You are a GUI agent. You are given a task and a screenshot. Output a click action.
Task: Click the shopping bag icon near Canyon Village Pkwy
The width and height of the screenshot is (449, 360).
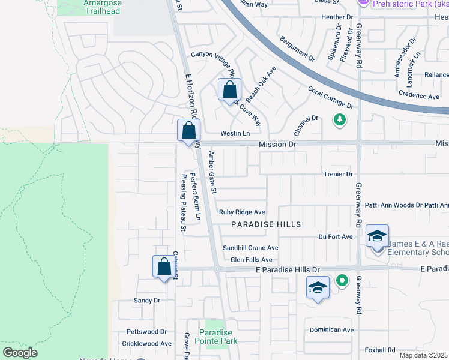coord(229,91)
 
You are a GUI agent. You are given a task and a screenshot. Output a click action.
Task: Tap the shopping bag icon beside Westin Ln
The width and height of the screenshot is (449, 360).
coord(188,130)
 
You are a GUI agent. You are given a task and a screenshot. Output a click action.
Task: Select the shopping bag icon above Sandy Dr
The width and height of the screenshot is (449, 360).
coord(164,266)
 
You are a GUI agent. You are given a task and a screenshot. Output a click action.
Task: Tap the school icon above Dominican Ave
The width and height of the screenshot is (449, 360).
coord(318,287)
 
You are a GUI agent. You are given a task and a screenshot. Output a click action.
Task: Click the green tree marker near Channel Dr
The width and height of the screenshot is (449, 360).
coord(340,120)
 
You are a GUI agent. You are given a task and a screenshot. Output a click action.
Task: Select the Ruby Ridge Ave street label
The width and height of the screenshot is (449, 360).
coord(242,212)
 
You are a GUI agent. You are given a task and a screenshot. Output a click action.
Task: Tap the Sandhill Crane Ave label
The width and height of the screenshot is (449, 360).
coord(250,248)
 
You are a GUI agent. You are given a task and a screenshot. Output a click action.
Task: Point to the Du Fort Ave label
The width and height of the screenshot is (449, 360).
coord(336,237)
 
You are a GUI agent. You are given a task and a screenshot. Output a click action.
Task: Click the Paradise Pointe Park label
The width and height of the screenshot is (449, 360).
coord(218,337)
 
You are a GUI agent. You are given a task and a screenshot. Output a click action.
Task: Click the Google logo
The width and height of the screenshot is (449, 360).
coord(20,352)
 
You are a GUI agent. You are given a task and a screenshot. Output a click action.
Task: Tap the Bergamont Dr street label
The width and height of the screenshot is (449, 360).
coord(297,49)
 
